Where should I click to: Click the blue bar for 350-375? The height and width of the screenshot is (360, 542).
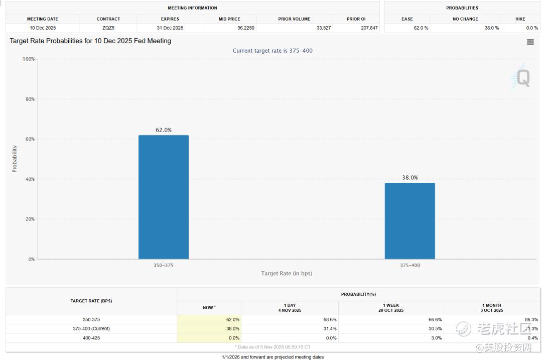tap(164, 197)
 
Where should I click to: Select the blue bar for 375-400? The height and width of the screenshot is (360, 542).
tap(410, 221)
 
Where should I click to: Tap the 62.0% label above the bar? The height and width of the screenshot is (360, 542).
tap(164, 130)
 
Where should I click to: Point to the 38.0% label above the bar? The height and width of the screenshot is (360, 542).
tap(410, 178)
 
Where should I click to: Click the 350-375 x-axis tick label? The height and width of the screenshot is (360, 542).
tap(164, 265)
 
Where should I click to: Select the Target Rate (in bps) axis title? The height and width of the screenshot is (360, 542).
tap(287, 273)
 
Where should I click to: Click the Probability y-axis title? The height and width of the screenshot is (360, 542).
tap(15, 159)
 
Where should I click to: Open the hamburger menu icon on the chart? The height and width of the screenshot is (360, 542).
tap(530, 42)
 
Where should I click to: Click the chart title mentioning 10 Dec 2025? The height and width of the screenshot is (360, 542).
tap(90, 41)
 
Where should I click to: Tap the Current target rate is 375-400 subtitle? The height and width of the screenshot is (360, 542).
tap(273, 51)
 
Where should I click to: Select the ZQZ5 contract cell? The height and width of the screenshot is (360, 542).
tap(108, 28)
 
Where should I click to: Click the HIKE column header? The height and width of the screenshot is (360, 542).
tap(520, 19)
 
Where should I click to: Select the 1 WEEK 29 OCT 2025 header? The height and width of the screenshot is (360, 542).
tap(391, 308)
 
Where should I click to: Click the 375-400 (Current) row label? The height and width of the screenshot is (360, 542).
tap(91, 328)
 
